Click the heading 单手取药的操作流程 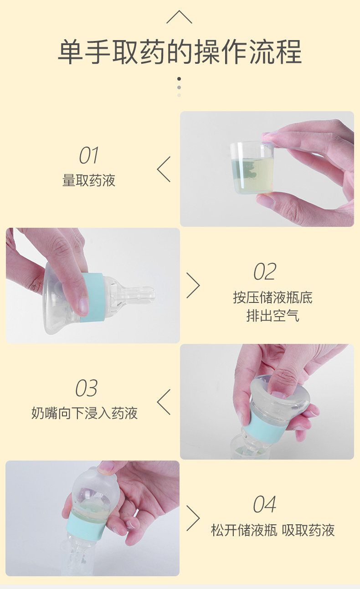click(x=180, y=51)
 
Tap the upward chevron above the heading click(x=180, y=17)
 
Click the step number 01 click(x=89, y=155)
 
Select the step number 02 click(x=265, y=271)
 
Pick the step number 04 click(x=265, y=504)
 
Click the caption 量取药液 click(x=89, y=180)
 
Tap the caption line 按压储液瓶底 click(x=273, y=297)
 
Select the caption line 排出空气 click(x=273, y=316)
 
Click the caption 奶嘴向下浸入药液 click(x=84, y=413)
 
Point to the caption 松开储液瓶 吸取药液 click(x=273, y=530)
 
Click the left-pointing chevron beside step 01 click(x=164, y=169)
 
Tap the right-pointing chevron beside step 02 click(x=193, y=285)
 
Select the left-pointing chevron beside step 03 click(x=164, y=402)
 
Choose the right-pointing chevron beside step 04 click(x=193, y=518)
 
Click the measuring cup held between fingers click(x=252, y=167)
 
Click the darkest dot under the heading click(x=179, y=79)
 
